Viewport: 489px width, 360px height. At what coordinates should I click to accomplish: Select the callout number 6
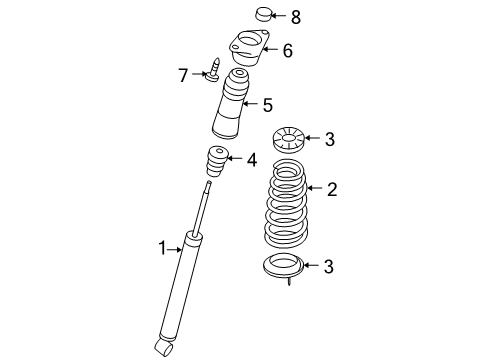pos(287,50)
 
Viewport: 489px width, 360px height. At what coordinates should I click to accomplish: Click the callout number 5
pos(267,103)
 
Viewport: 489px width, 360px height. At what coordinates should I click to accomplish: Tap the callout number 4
pos(251,158)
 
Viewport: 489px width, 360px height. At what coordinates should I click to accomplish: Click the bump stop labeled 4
pos(217,160)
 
